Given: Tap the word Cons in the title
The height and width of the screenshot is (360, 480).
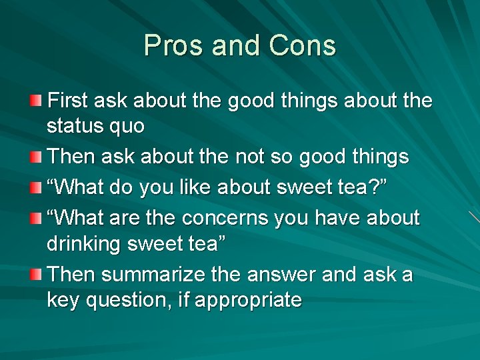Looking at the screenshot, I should point(303,46).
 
